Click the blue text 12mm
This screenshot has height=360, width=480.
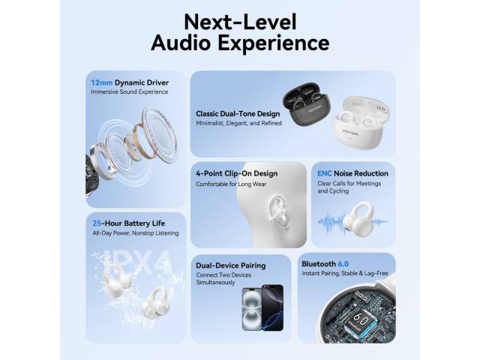[102, 82]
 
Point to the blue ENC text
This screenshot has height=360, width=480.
[325, 173]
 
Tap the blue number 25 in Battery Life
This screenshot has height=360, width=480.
[97, 223]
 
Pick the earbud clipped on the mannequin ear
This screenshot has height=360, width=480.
[278, 211]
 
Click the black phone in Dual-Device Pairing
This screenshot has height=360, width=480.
[273, 307]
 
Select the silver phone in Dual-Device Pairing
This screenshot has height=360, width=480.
[252, 309]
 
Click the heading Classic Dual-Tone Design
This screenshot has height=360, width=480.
[238, 114]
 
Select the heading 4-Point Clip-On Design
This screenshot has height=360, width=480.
[237, 173]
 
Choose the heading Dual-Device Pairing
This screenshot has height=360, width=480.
[230, 265]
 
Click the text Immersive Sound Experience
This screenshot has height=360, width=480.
[130, 91]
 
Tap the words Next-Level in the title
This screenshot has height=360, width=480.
[240, 22]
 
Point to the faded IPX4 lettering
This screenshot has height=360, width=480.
[135, 262]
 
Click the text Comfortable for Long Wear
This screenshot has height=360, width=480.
[231, 184]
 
